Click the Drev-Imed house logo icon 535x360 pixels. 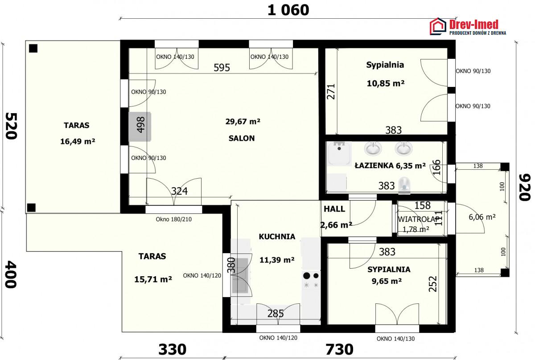(x=438, y=26)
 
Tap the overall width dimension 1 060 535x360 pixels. (x=288, y=10)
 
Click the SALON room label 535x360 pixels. (x=242, y=138)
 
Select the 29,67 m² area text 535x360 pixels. (x=243, y=122)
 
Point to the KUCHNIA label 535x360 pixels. (x=277, y=237)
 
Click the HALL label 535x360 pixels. (x=334, y=209)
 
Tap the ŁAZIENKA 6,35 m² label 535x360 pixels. (x=390, y=165)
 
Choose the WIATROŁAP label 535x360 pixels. (x=419, y=219)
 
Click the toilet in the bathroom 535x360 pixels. (x=404, y=185)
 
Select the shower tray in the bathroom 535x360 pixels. (x=339, y=153)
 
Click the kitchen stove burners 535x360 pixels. (x=311, y=280)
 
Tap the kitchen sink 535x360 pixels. (x=240, y=275)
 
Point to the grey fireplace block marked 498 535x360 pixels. (x=140, y=127)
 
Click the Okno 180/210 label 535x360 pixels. (x=173, y=219)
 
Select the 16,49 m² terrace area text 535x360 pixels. (x=78, y=141)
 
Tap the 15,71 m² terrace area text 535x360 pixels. (x=153, y=279)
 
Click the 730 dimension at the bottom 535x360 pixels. (x=339, y=349)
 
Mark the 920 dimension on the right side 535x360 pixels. (x=525, y=187)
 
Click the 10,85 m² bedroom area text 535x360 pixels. (x=386, y=83)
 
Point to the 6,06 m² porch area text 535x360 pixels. (x=482, y=217)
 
